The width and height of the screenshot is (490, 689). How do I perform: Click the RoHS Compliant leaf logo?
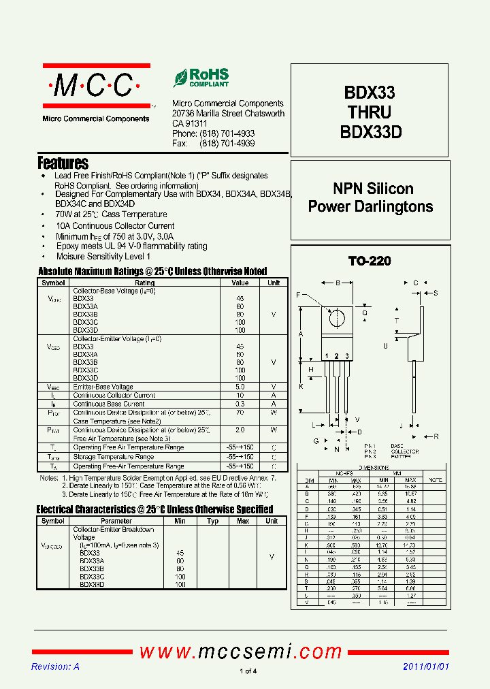(180, 78)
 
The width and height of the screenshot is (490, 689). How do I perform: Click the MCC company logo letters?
(95, 86)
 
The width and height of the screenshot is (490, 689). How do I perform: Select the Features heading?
(63, 163)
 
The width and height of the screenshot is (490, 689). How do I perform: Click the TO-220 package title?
(370, 261)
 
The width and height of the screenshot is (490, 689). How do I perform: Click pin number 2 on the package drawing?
(336, 356)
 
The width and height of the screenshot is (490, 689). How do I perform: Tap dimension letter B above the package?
(338, 283)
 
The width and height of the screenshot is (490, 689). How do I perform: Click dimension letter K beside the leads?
(301, 387)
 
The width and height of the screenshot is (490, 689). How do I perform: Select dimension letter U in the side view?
(385, 346)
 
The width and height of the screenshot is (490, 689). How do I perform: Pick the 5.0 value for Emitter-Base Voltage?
(240, 387)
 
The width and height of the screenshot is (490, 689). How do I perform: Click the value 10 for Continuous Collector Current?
(240, 396)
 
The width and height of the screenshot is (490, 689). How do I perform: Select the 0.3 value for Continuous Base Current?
(240, 404)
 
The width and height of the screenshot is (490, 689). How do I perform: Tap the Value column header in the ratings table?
(240, 283)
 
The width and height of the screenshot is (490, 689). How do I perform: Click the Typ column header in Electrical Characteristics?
(213, 521)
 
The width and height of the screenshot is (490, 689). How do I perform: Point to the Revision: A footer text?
(56, 667)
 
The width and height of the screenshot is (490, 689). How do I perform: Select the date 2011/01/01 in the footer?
(426, 667)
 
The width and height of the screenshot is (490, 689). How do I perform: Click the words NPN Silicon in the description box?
(373, 189)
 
